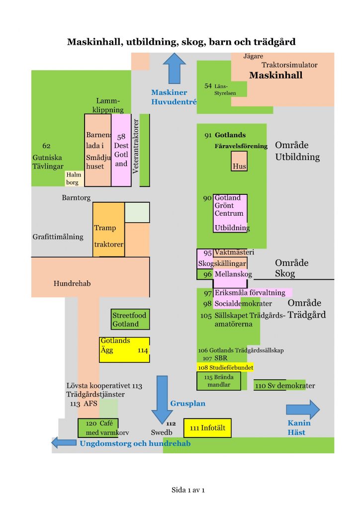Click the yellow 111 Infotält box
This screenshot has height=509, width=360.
207,427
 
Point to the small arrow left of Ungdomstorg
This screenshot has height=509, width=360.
63,442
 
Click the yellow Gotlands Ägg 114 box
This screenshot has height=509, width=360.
124,350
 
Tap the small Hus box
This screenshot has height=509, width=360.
239,162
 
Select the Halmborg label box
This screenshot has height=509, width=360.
73,178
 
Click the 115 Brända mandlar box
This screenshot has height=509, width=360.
219,381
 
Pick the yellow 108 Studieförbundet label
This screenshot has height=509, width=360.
226,367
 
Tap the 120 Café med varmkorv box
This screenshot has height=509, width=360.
98,428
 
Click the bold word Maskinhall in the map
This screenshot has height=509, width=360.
275,76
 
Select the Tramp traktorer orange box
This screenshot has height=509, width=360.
108,230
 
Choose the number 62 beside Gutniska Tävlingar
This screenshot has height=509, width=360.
46,146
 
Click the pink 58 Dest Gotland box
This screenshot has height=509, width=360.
121,150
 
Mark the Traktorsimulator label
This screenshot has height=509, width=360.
289,65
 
